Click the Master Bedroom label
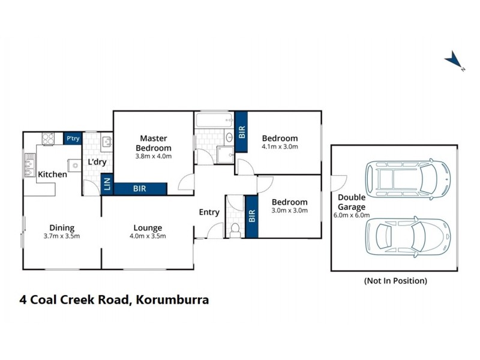(154, 143)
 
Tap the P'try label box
(73, 139)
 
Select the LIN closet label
(107, 185)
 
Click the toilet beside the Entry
(235, 229)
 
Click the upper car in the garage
(408, 178)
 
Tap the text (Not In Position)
(395, 280)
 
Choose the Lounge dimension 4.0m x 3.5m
(148, 236)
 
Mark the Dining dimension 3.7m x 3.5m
(62, 236)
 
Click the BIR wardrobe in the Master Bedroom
(140, 188)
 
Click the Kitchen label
(53, 175)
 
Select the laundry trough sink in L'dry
(106, 142)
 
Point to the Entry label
(209, 212)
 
